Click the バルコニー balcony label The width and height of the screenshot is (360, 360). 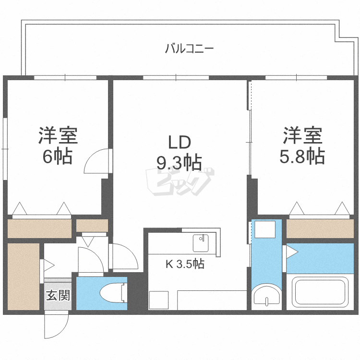tap(190, 48)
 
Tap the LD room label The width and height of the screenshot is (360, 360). tap(180, 143)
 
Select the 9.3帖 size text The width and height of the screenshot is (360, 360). tap(179, 163)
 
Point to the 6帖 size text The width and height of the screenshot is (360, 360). tap(58, 156)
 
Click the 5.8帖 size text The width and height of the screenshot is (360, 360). tap(302, 156)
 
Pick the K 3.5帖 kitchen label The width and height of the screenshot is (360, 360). tap(185, 264)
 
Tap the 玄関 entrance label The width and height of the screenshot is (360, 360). tap(58, 295)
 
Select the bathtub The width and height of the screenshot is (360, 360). tap(320, 290)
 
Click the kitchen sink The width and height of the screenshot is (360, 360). tap(201, 243)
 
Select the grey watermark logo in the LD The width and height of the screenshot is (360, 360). tap(180, 181)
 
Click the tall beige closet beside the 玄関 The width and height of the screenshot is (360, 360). tap(24, 276)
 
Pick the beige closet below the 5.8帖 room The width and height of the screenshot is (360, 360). tap(320, 228)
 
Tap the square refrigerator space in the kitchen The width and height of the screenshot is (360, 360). tap(159, 300)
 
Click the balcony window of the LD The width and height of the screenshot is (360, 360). tap(176, 77)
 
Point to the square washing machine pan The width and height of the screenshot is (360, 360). tap(265, 229)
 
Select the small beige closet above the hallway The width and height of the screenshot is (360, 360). tap(92, 226)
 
